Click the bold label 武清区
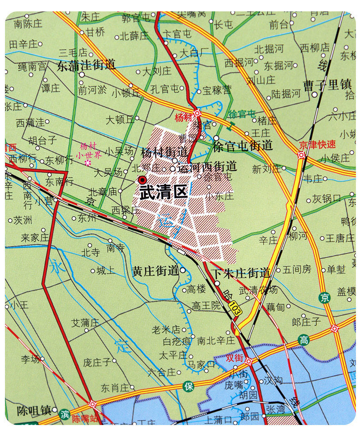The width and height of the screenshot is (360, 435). [163, 192]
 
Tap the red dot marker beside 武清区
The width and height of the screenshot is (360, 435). [143, 180]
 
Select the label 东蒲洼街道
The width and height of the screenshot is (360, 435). [86, 66]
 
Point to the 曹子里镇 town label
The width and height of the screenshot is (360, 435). [328, 85]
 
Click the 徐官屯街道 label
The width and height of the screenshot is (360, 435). [242, 145]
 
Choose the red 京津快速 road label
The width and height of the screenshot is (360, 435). [317, 145]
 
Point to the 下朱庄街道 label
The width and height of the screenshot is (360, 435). [242, 273]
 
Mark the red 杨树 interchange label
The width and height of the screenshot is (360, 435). [184, 116]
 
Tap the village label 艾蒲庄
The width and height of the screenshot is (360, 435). [85, 322]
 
